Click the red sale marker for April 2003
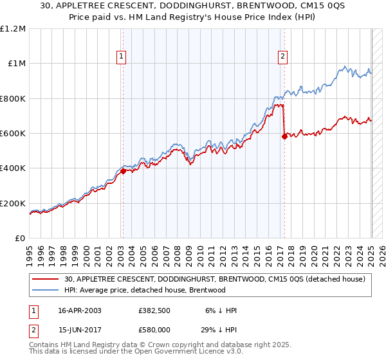point(123,171)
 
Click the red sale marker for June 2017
point(284,136)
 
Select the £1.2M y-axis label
point(14,29)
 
